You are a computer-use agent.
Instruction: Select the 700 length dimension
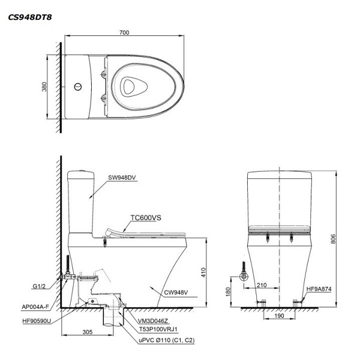coord(124,32)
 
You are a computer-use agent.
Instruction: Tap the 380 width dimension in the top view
coord(44,87)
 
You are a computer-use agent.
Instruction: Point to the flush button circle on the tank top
coord(77,87)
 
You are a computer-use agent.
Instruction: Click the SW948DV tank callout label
coord(123,178)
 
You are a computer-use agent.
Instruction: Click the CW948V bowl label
coord(176,293)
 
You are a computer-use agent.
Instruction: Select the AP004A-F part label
coord(35,307)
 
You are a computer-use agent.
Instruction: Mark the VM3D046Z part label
coord(155,322)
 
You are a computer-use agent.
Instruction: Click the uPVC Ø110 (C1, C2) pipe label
coord(166,340)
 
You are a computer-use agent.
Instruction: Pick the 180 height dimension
coord(228,292)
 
